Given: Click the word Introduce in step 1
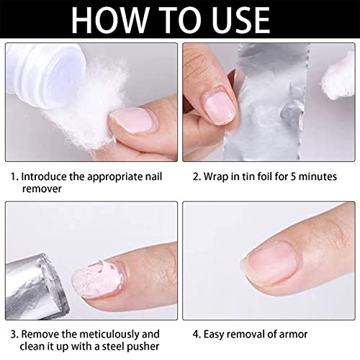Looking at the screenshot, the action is coord(44,176).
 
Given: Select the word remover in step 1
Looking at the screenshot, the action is coord(42,189).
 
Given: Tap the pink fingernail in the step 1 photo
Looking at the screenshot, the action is coord(132,120).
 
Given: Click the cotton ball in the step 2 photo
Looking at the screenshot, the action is coord(338,78).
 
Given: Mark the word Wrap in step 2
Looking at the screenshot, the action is coord(215,177).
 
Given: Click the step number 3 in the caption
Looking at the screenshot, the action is coord(13,334).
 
